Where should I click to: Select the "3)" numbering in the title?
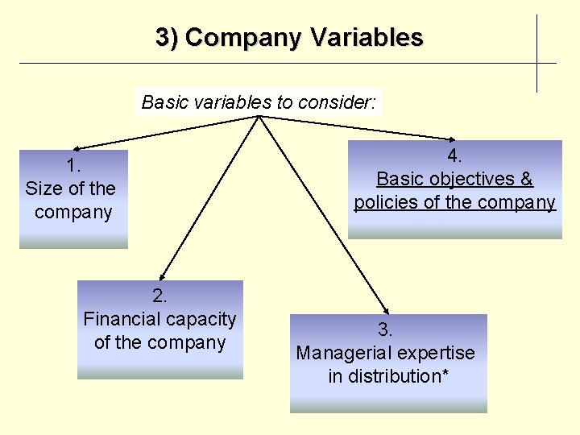(167, 38)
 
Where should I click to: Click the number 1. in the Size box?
(73, 166)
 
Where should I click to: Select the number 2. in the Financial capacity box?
(159, 296)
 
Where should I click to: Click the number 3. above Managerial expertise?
(386, 329)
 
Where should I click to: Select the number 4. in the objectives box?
(454, 155)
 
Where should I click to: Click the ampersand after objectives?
(526, 179)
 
